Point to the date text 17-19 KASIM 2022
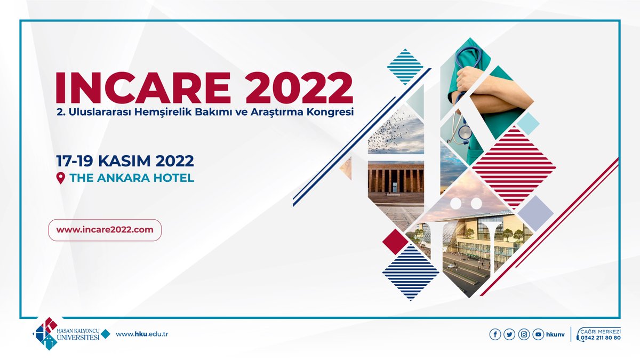(125, 161)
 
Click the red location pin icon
(60, 178)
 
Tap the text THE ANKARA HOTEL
(132, 178)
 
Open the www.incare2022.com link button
(105, 230)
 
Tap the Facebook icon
(495, 334)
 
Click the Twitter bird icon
(509, 334)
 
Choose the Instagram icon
(524, 334)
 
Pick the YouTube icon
(539, 334)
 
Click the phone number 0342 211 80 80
(601, 338)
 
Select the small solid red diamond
(395, 241)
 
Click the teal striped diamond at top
(405, 66)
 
